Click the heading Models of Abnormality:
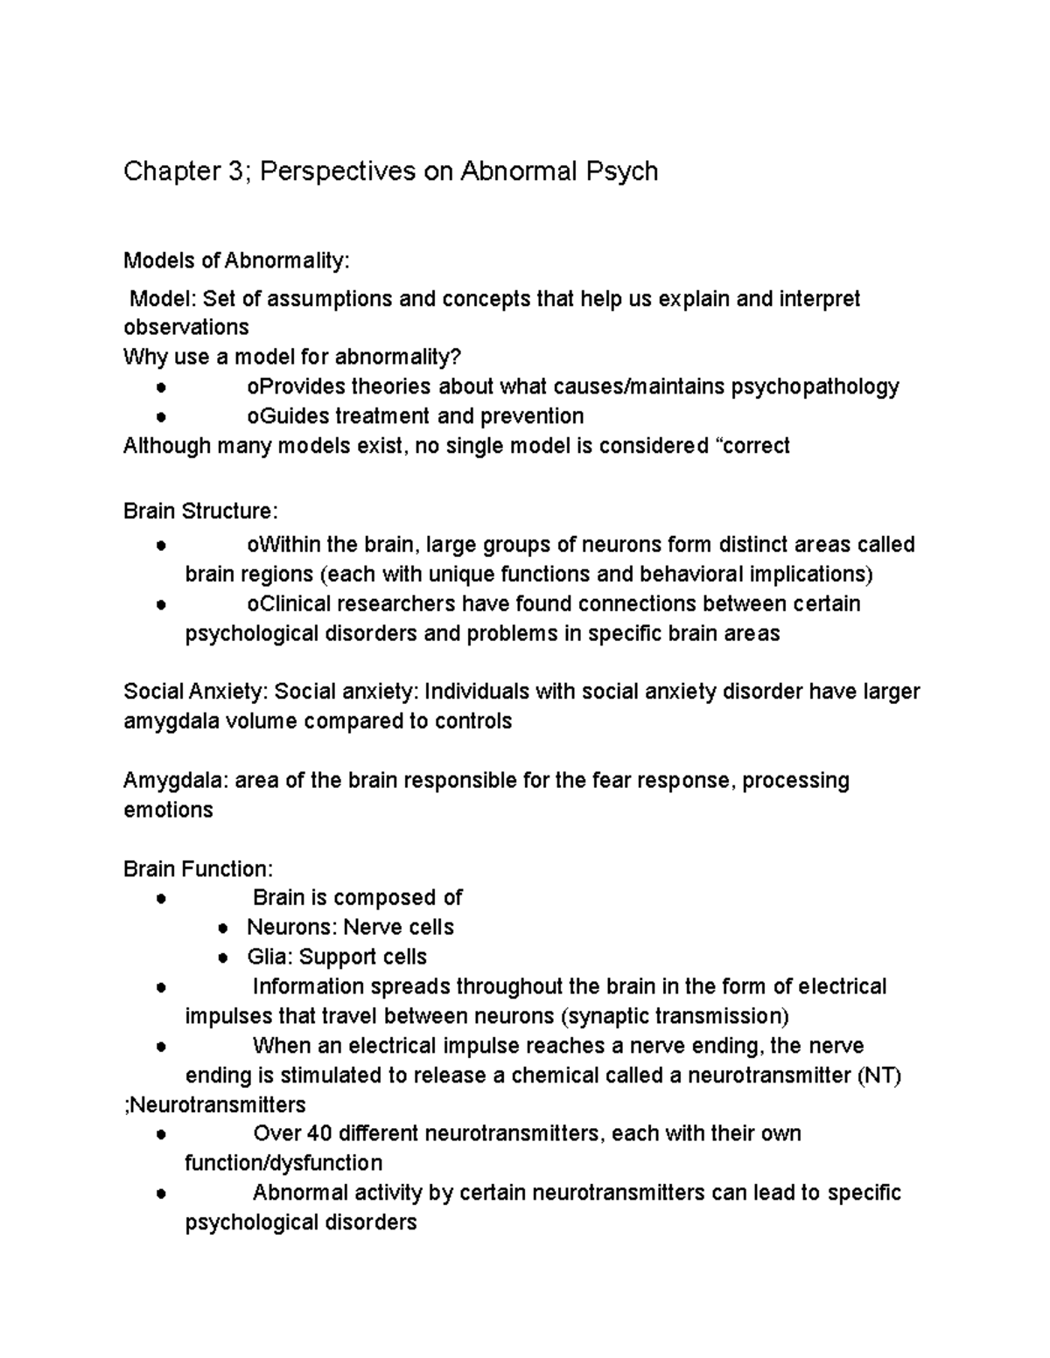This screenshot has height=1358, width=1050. [x=236, y=261]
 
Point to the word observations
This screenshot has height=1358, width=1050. [x=185, y=328]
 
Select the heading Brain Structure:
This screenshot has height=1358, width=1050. [x=200, y=511]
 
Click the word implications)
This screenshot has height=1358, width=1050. [x=800, y=575]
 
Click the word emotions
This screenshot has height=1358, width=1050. [x=168, y=810]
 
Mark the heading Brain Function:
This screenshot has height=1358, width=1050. [x=198, y=869]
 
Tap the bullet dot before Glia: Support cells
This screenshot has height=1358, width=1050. [x=224, y=958]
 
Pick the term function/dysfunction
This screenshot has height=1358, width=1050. [x=283, y=1164]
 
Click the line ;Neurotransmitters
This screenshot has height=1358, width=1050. [x=214, y=1104]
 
